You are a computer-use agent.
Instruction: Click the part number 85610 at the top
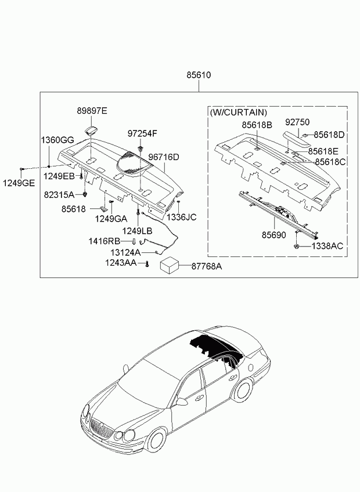click(199, 75)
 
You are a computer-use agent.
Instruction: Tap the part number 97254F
click(142, 133)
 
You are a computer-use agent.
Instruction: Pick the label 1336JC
click(182, 217)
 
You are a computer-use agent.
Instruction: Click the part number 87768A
click(207, 266)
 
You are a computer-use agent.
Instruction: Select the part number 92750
click(297, 122)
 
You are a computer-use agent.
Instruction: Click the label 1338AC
click(327, 246)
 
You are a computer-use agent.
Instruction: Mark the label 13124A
click(125, 253)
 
